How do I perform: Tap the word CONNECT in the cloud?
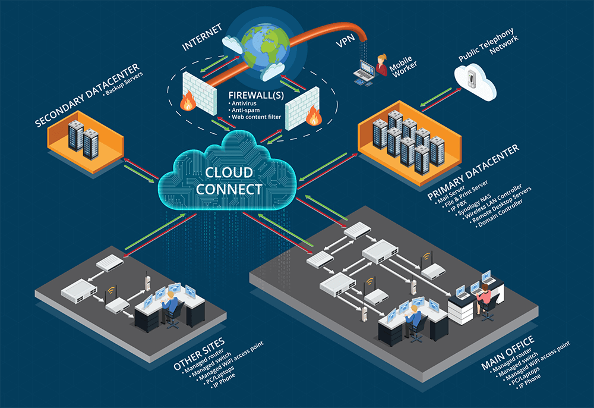click(229, 189)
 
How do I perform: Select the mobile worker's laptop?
click(364, 73)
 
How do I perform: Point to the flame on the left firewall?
click(188, 103)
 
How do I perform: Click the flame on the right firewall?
click(312, 118)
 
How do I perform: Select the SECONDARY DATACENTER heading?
click(87, 95)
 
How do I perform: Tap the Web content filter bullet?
click(255, 117)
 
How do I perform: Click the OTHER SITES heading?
click(199, 354)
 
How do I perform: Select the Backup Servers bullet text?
click(122, 86)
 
